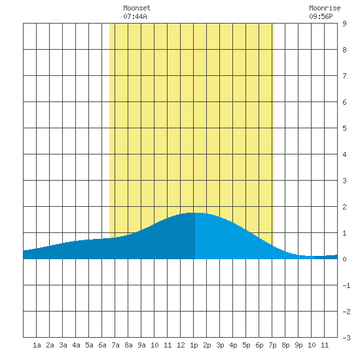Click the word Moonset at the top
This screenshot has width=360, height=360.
[x=137, y=8]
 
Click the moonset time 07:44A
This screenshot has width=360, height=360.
[x=135, y=16]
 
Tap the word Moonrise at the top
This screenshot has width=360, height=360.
[x=325, y=8]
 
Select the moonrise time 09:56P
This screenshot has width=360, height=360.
[x=321, y=16]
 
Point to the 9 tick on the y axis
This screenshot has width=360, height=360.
[x=344, y=24]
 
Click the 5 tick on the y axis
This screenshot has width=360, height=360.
[x=344, y=128]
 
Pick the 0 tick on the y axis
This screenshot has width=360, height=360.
[x=344, y=259]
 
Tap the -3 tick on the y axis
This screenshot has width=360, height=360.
[x=346, y=338]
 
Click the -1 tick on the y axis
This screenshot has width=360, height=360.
[x=346, y=285]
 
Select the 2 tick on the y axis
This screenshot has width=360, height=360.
[x=344, y=207]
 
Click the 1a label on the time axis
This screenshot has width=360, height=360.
[x=37, y=345]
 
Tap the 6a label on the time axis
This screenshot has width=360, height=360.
[x=102, y=345]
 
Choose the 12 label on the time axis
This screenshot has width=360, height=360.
[x=181, y=345]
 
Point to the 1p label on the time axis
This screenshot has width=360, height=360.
[x=194, y=345]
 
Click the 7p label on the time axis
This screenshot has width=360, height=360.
[x=272, y=345]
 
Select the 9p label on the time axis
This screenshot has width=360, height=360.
[x=298, y=345]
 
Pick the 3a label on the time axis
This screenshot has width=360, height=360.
[x=63, y=345]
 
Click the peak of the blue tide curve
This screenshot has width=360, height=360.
[x=195, y=213]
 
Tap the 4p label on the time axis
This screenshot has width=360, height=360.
[x=233, y=345]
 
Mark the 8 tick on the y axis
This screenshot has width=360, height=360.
[x=344, y=50]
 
